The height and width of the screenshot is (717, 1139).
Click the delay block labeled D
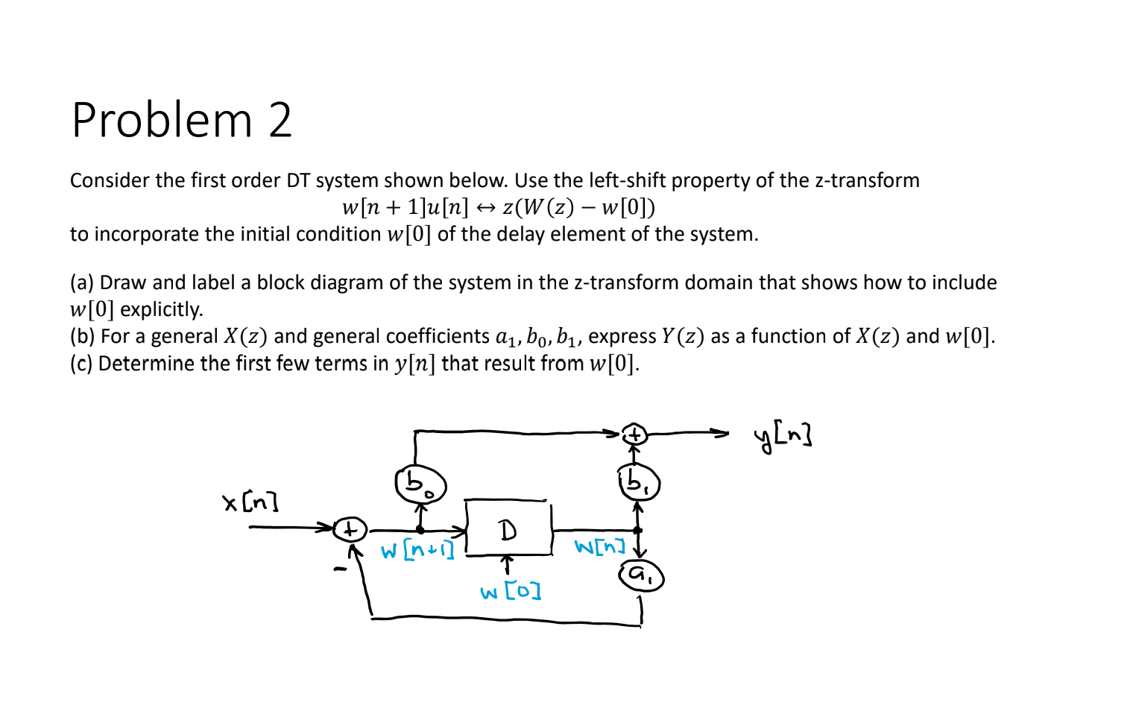[508, 528]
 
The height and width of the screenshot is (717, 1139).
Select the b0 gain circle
[420, 485]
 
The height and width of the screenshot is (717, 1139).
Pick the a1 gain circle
[640, 575]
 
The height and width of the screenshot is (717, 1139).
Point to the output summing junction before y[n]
[634, 433]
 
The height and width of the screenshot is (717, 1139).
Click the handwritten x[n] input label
[250, 502]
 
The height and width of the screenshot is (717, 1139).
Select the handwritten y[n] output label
[783, 435]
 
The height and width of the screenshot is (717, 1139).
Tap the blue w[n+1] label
[417, 551]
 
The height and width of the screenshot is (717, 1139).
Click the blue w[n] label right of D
[599, 547]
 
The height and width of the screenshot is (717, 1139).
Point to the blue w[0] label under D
[511, 593]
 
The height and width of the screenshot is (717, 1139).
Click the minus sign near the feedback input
[340, 571]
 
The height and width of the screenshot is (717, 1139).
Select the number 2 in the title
[280, 120]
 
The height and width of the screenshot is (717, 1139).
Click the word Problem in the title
[163, 120]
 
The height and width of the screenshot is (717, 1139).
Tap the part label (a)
[81, 282]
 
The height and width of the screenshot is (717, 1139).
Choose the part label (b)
[82, 336]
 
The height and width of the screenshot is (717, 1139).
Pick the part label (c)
[81, 363]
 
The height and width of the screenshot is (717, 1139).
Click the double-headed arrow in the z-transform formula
[486, 207]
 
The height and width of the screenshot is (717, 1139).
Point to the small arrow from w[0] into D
[507, 563]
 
